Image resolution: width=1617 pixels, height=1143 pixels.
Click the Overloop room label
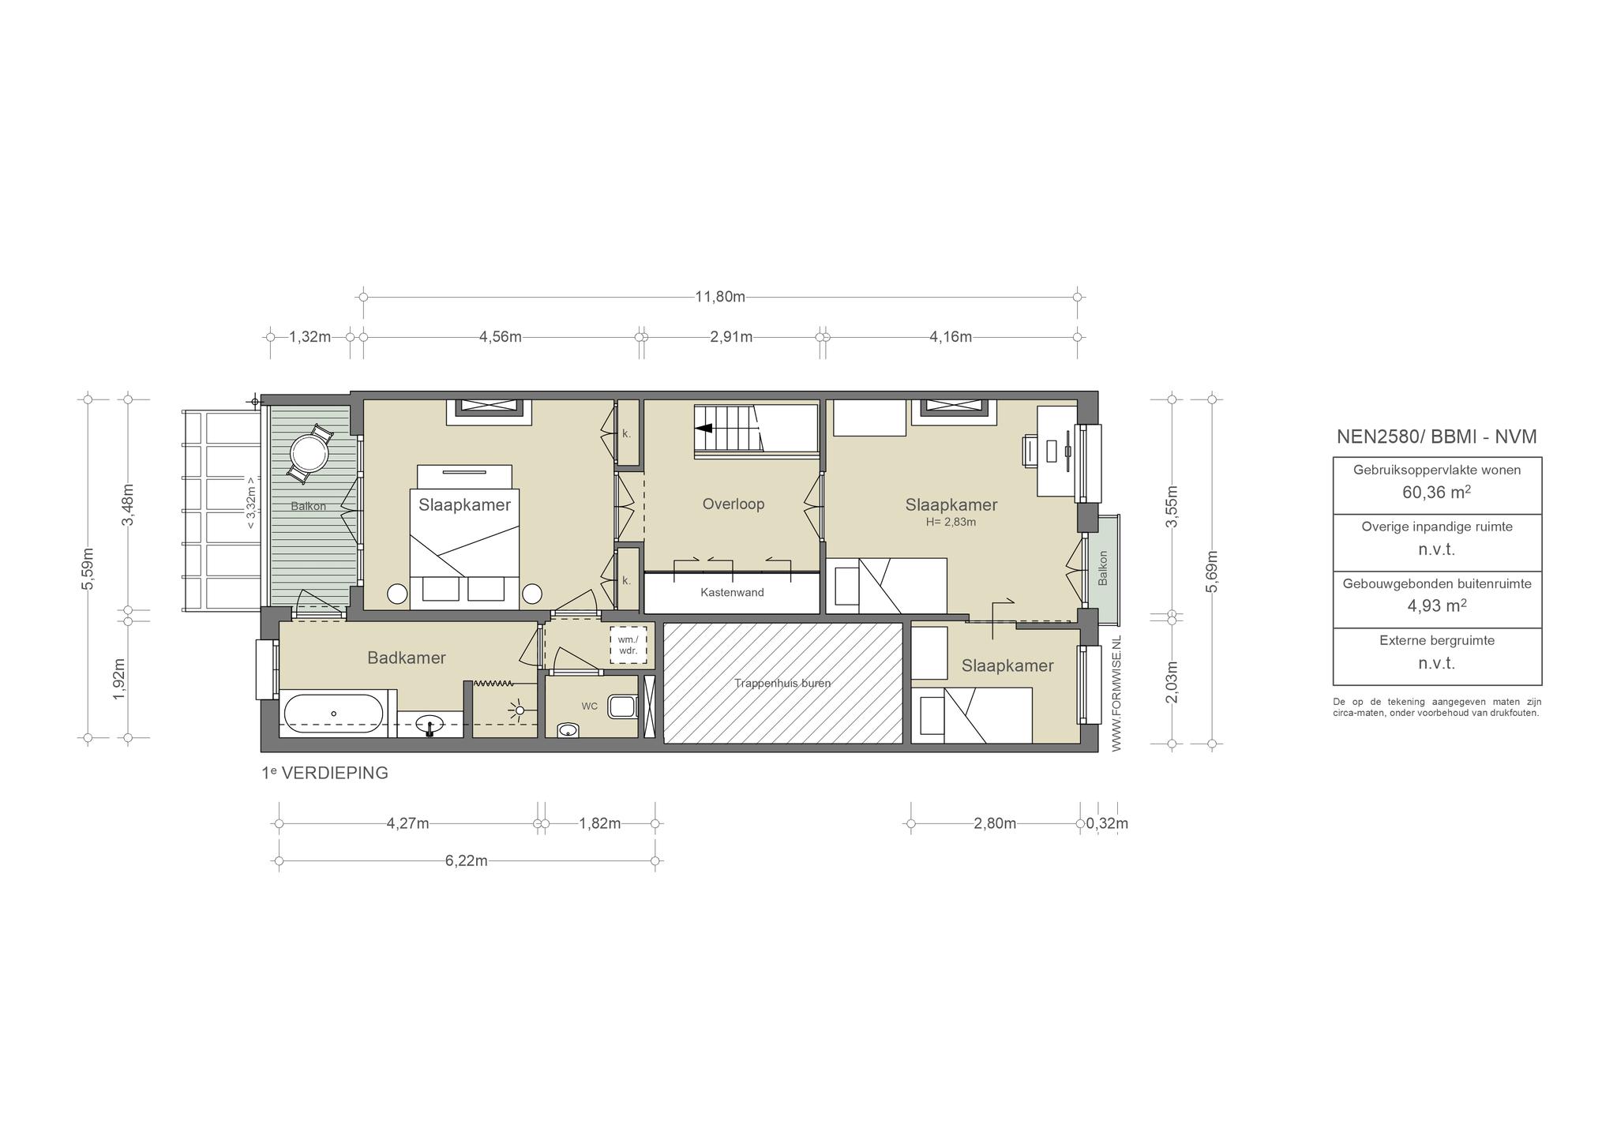(x=733, y=504)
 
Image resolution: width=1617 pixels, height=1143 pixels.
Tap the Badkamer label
(x=407, y=658)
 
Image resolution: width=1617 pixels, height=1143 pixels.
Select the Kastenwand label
(x=732, y=592)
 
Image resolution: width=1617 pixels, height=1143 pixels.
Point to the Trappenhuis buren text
(x=782, y=683)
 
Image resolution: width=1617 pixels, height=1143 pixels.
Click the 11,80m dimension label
(x=720, y=297)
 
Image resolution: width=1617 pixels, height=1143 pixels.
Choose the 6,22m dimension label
(x=467, y=860)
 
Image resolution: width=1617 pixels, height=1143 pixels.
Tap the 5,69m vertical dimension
(x=1213, y=571)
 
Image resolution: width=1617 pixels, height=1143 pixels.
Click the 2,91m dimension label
(x=731, y=337)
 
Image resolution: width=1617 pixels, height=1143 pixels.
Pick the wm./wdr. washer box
(x=628, y=645)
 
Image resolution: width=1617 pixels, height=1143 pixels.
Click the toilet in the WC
(x=622, y=706)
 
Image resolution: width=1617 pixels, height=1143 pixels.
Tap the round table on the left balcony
(x=309, y=454)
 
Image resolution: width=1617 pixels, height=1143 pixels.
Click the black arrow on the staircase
(x=703, y=429)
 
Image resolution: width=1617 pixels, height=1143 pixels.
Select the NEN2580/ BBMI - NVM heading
(x=1437, y=437)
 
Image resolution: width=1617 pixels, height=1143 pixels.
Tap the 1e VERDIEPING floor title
(x=325, y=773)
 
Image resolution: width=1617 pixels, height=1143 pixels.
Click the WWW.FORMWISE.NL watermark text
(x=1116, y=694)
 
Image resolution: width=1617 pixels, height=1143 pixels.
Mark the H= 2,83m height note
(x=951, y=522)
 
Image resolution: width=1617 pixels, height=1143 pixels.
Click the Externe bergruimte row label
(x=1437, y=640)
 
